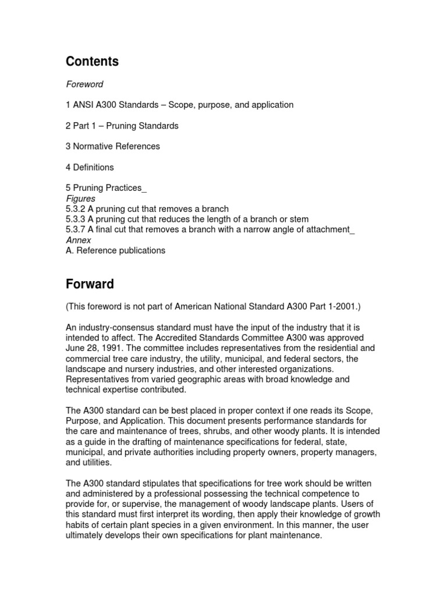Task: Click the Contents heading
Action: pyautogui.click(x=92, y=61)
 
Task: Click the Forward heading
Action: pyautogui.click(x=90, y=285)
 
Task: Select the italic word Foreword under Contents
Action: pyautogui.click(x=84, y=84)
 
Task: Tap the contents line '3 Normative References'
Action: pyautogui.click(x=113, y=147)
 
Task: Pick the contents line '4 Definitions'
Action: pyautogui.click(x=90, y=168)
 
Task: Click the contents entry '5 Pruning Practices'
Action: pyautogui.click(x=105, y=188)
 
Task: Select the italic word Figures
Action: pyautogui.click(x=81, y=198)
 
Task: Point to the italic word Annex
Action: pyautogui.click(x=79, y=240)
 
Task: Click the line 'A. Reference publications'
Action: pyautogui.click(x=115, y=251)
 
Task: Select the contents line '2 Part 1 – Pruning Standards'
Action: pyautogui.click(x=122, y=126)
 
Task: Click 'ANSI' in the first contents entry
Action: pyautogui.click(x=84, y=105)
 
